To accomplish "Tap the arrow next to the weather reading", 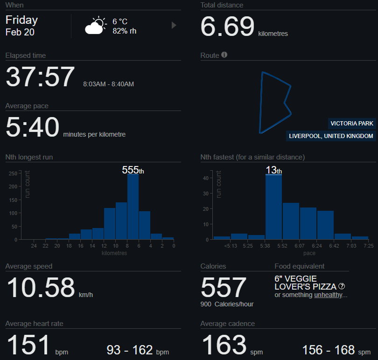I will (174, 25).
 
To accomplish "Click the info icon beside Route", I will (224, 55).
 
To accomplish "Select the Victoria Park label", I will (352, 124).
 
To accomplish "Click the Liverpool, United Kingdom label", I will (331, 136).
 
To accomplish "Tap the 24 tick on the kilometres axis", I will (34, 246).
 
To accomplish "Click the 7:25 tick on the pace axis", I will (369, 246).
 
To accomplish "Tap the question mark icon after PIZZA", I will (342, 286).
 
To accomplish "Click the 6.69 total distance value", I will (227, 27).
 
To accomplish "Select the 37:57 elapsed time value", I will (40, 77).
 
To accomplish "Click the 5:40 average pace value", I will (33, 127).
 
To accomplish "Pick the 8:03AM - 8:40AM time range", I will (108, 84).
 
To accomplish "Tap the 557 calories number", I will (224, 287).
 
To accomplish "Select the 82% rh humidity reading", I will (125, 31).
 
